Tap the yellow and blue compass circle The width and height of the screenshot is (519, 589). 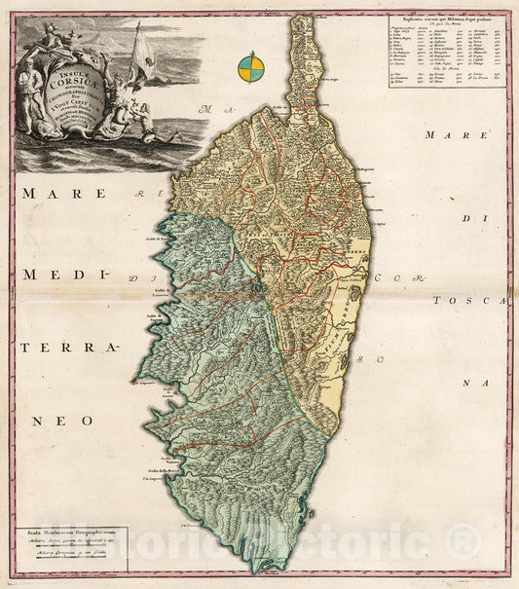[250, 67]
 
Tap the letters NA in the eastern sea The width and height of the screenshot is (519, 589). [474, 384]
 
